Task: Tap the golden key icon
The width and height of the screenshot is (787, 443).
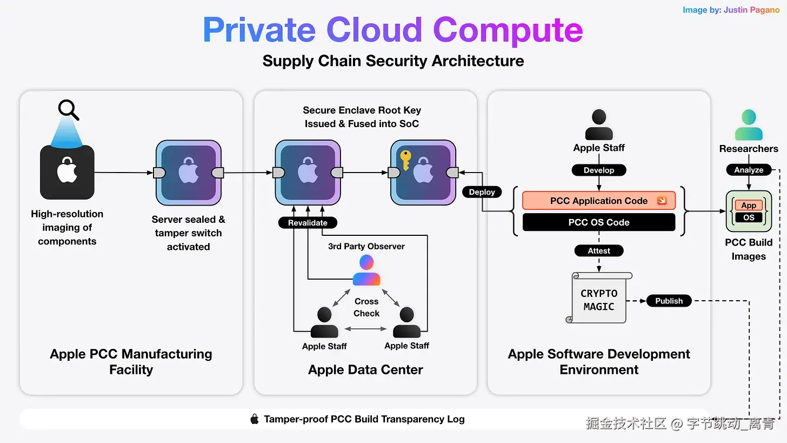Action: coord(405,160)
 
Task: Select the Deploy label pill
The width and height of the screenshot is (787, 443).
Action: coord(482,192)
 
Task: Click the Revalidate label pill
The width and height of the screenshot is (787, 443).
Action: coord(308,222)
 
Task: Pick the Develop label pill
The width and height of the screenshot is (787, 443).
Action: coord(599,170)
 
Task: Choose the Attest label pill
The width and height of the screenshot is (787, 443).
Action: coord(599,250)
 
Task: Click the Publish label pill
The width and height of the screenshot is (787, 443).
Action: coord(669,301)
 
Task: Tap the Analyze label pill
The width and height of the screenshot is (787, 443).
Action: coord(749,170)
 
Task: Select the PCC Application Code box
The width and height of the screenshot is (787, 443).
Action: coord(599,201)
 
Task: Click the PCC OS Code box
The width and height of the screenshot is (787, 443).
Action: coord(599,222)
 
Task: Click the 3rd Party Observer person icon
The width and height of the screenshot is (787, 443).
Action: coord(366,270)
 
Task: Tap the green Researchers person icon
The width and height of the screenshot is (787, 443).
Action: coord(749,125)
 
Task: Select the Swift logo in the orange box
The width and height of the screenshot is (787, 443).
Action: coord(662,201)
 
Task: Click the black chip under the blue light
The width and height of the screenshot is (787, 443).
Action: coord(67,172)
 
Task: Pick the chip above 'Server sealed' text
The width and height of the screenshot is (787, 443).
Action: coord(188,173)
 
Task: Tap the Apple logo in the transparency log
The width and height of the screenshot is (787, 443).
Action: coord(255,419)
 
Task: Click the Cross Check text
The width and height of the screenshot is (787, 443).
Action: coord(366,307)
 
